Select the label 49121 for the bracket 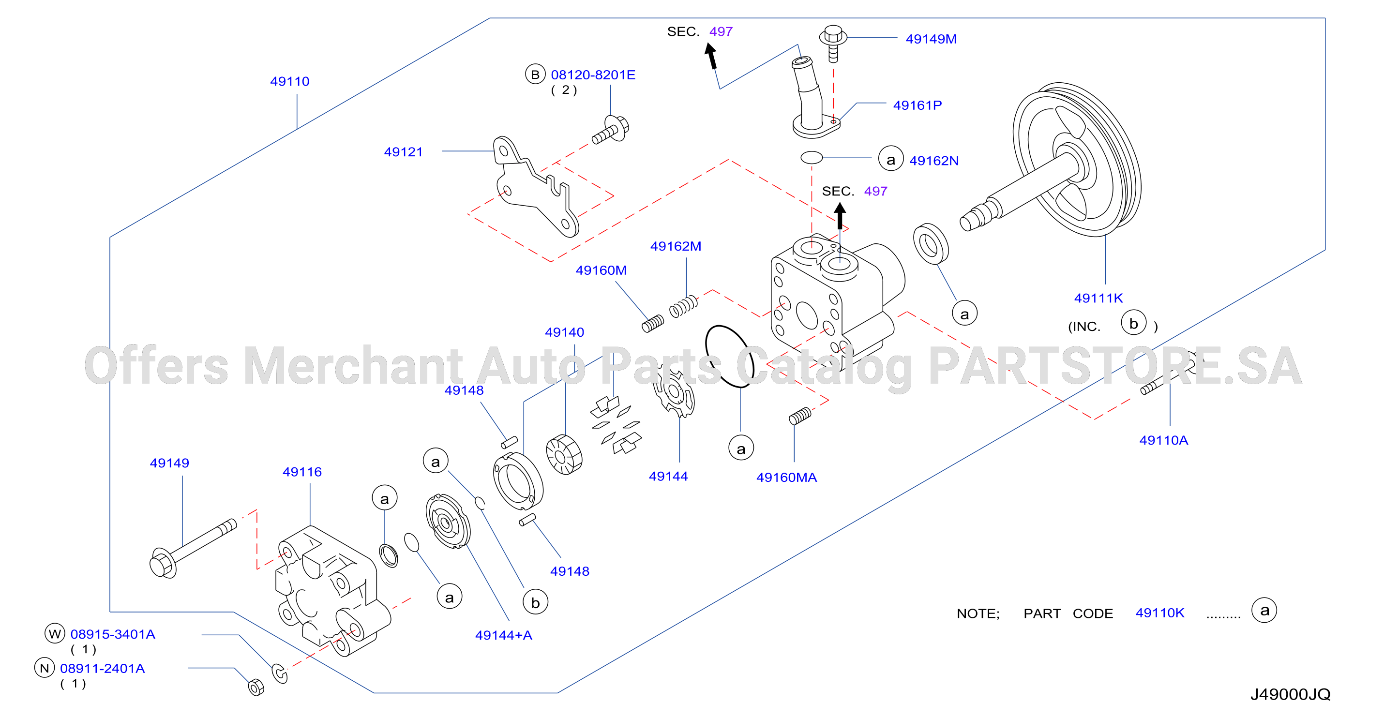tap(403, 152)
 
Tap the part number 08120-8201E tap(593, 75)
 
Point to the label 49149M tap(931, 39)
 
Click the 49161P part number tap(917, 105)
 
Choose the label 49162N tap(934, 161)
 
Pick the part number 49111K tap(1098, 298)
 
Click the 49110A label tap(1164, 440)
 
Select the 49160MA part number tap(786, 478)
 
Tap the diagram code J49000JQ tap(1291, 694)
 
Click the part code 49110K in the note tap(1159, 613)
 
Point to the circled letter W tap(55, 634)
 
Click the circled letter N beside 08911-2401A tap(45, 668)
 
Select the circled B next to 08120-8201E tap(535, 74)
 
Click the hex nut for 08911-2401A tap(256, 687)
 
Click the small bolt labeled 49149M tap(833, 43)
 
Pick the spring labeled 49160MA tap(800, 416)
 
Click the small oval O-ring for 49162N tap(811, 157)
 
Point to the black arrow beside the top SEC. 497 tap(711, 56)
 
